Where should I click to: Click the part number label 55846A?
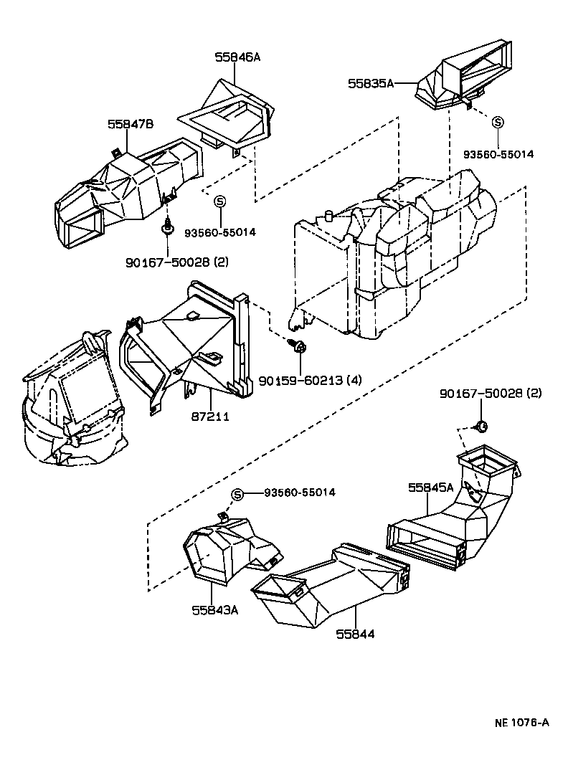coord(237,57)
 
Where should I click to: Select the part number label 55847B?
coord(131,124)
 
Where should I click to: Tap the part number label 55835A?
coord(371,84)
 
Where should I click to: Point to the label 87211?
coord(211,416)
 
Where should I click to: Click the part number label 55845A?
coord(431,488)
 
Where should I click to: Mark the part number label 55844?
coord(356,634)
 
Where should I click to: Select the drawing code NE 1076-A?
coord(521,722)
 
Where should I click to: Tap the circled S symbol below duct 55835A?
coord(497,122)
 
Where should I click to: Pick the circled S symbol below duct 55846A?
coord(221,201)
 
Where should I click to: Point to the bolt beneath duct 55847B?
coord(167,229)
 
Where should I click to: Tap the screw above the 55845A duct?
coord(481,427)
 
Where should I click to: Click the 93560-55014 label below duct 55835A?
coord(498,154)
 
